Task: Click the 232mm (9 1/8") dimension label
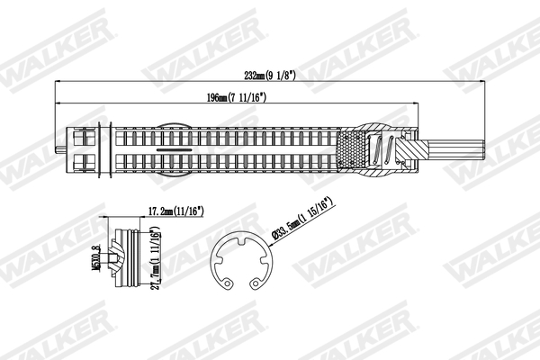(x=271, y=76)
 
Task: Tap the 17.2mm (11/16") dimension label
(x=175, y=211)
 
